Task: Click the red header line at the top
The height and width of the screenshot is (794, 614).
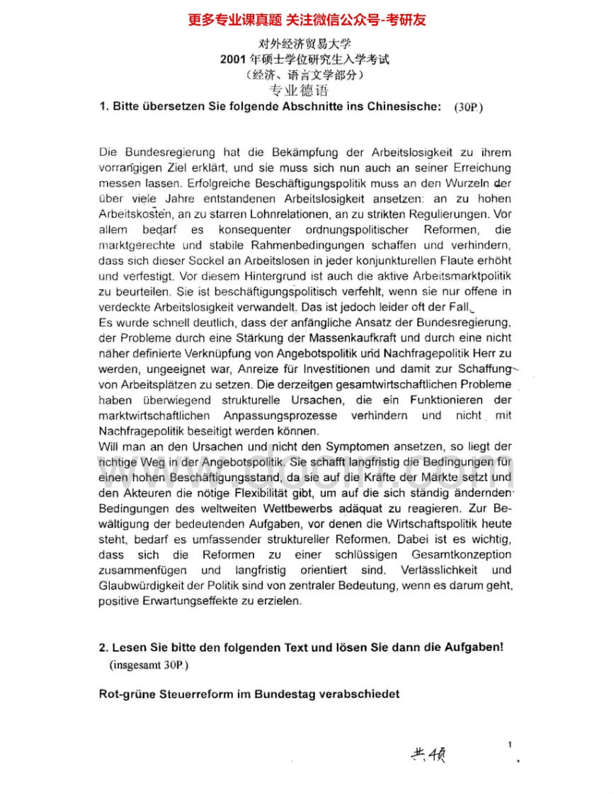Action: pos(307,19)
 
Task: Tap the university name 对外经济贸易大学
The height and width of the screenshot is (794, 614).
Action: pos(306,44)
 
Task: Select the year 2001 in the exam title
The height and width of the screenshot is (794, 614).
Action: pos(234,59)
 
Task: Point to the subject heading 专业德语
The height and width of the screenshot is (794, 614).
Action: pos(299,91)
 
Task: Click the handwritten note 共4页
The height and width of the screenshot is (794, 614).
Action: pos(428,754)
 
